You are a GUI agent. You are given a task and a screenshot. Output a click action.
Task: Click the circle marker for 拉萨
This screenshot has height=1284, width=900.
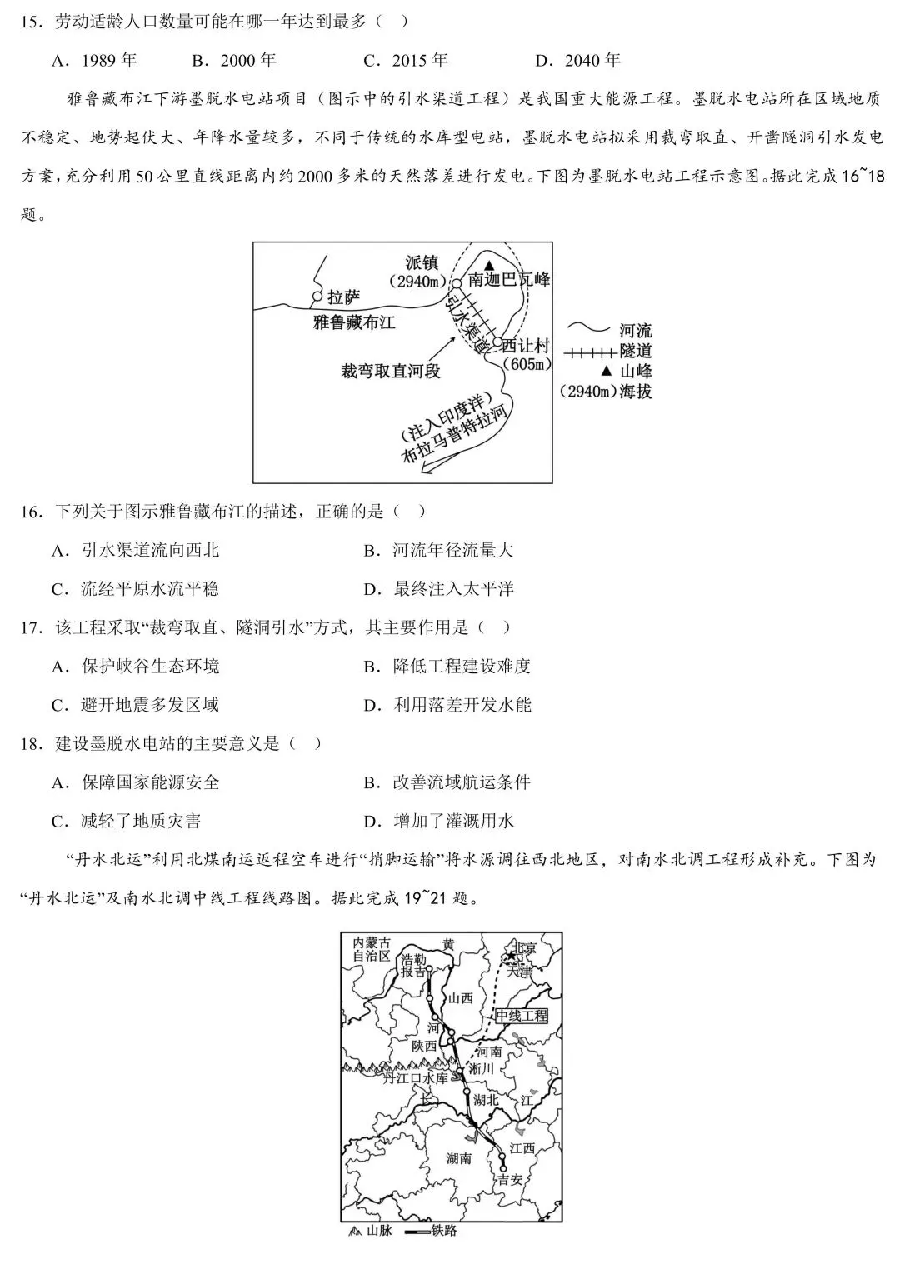pos(316,297)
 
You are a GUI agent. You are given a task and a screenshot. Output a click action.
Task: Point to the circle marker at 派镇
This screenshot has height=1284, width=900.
pos(457,283)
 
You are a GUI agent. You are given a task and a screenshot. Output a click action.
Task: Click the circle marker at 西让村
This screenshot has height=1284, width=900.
pos(497,342)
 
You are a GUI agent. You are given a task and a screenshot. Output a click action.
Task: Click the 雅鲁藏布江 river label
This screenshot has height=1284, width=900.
pos(353,322)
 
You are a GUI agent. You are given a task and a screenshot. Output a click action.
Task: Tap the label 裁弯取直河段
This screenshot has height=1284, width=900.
pos(391,371)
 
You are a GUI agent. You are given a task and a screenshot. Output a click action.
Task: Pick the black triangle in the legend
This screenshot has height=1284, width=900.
pos(607,372)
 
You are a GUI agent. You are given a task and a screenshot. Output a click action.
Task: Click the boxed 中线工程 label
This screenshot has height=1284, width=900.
pos(522,1016)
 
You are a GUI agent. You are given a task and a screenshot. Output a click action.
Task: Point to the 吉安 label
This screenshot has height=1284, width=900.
pos(508,1179)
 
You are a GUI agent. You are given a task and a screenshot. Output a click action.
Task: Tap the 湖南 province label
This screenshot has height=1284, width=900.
pos(458,1157)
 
